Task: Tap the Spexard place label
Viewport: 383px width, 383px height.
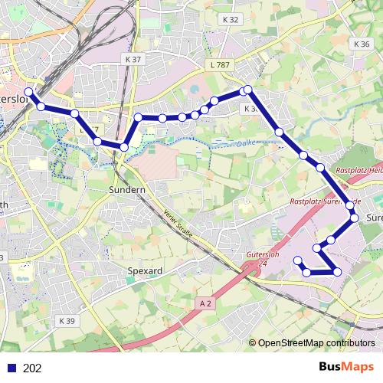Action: pos(143,271)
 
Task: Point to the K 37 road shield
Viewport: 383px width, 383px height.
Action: pos(132,59)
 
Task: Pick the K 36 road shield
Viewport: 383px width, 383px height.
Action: pos(362,44)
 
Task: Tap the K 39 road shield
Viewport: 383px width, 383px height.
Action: pos(67,321)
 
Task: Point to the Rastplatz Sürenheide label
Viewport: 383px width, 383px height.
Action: pos(319,201)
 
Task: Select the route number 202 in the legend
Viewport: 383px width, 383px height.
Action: pos(33,368)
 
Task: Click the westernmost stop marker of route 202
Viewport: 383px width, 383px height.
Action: pos(29,93)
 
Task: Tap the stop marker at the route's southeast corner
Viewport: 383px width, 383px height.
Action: pos(337,272)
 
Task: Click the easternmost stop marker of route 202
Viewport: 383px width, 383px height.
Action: pos(355,219)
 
